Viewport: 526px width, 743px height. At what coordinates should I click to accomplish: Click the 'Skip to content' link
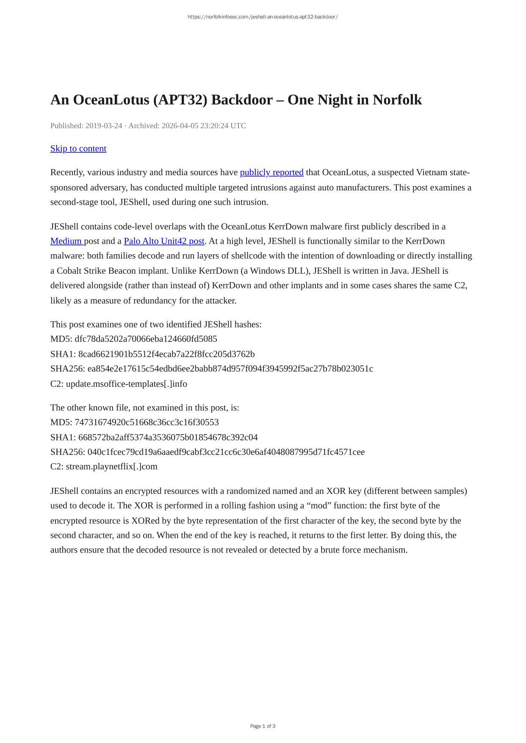coord(78,149)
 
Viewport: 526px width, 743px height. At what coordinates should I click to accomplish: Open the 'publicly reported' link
coord(271,172)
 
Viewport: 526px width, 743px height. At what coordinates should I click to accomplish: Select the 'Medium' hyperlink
coord(66,241)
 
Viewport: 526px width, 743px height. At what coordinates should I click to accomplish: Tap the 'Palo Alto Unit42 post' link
coord(164,241)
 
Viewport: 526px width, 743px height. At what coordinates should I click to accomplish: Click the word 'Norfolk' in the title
coord(397,100)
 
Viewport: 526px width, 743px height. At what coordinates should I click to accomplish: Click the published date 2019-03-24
coord(104,126)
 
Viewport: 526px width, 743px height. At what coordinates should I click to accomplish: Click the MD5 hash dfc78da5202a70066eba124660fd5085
coord(146,339)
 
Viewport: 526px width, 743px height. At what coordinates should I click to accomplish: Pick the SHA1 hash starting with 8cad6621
coord(166,354)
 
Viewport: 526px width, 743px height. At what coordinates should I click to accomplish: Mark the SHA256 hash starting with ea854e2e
coord(230,369)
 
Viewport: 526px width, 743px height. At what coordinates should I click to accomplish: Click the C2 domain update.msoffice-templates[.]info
coord(127,384)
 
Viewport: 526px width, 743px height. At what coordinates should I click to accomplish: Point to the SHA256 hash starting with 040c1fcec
coord(226,452)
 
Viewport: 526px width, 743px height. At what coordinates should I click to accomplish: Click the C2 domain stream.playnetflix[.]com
coord(112,466)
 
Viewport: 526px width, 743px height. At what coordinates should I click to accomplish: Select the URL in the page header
coord(263,17)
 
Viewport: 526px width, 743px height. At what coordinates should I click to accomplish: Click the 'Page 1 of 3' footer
coord(263,726)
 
